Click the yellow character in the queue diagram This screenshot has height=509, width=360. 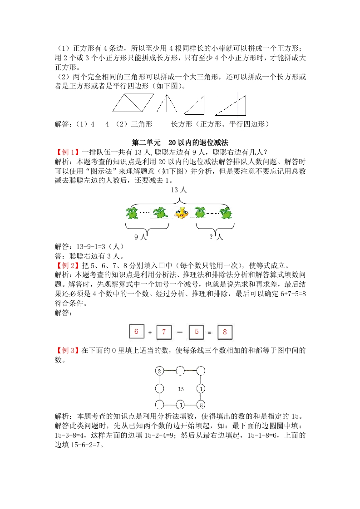[x=181, y=212]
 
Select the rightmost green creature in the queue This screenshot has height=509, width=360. [x=226, y=212]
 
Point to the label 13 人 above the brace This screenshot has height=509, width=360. [x=178, y=191]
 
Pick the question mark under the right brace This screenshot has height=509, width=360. [x=211, y=236]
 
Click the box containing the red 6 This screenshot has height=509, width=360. [x=136, y=332]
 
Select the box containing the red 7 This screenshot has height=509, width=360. [x=164, y=333]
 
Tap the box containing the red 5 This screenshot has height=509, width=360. [x=196, y=332]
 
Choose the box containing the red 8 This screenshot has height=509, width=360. [x=224, y=333]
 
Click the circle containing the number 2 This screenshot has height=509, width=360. [x=159, y=372]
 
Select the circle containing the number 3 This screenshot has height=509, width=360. [x=180, y=405]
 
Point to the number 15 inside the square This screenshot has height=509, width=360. [x=180, y=389]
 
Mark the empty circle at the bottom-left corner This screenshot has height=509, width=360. [x=159, y=405]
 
